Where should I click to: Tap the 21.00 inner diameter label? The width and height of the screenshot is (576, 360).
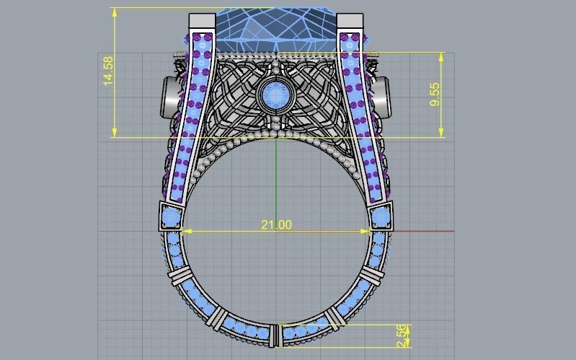click(x=276, y=224)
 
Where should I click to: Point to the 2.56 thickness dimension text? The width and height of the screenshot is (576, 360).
click(x=402, y=334)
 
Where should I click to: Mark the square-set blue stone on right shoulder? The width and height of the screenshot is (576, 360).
click(x=380, y=216)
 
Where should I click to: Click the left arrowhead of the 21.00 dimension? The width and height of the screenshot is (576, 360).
click(x=185, y=232)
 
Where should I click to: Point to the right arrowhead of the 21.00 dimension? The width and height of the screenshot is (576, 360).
click(x=367, y=232)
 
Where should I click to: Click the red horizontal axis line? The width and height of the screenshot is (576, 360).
click(x=425, y=232)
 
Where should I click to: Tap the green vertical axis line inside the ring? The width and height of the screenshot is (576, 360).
click(x=276, y=180)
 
